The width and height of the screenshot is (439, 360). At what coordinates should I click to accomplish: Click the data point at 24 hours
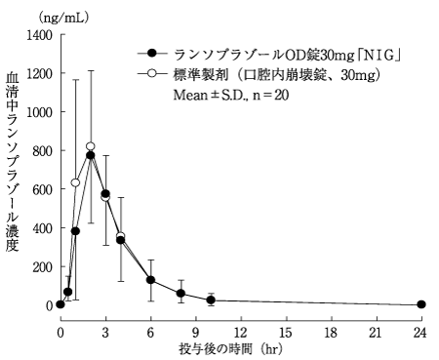tap(421, 304)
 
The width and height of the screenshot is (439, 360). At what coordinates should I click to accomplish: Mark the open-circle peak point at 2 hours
tap(91, 146)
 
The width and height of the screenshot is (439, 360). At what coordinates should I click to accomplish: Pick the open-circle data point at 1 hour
tap(75, 182)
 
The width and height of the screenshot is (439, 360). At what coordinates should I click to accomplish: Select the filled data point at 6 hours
tap(150, 280)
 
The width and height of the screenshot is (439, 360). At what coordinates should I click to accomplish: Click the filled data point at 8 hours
tap(180, 293)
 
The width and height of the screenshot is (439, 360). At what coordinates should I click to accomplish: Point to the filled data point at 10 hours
tap(211, 300)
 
